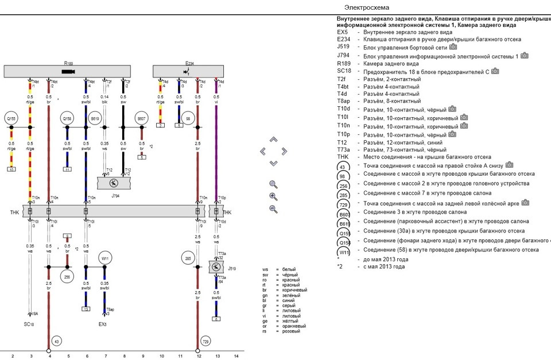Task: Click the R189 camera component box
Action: click(69, 71)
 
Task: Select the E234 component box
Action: click(189, 71)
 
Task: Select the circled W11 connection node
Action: click(104, 258)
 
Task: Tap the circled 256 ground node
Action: click(68, 276)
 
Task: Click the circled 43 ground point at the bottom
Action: click(56, 341)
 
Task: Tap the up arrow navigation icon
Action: click(273, 140)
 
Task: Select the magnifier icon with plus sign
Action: click(273, 196)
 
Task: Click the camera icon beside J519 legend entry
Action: click(453, 47)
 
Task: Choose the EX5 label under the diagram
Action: click(103, 324)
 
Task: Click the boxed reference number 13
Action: click(86, 309)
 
